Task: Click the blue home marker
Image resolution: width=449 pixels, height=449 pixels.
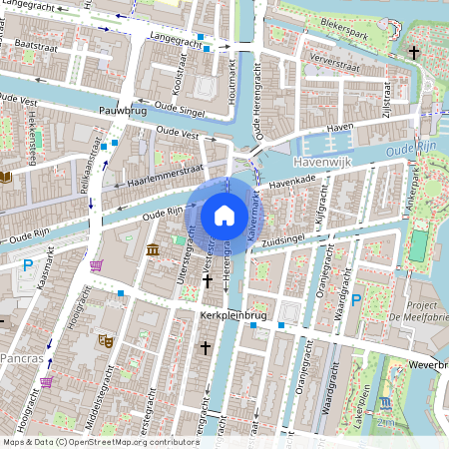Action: point(224,216)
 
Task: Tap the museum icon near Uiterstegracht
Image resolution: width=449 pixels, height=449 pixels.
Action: point(152,248)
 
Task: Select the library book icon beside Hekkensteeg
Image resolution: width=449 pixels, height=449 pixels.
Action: point(7,177)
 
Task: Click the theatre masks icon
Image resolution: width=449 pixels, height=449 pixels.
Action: point(105,340)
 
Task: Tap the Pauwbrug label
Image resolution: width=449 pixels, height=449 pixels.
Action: point(123,111)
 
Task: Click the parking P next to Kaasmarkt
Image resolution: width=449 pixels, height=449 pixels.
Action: point(27,264)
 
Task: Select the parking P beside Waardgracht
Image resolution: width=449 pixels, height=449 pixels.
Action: point(356,300)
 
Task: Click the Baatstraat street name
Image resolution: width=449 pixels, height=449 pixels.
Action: point(35,46)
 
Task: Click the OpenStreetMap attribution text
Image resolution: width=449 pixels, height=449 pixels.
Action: point(100,441)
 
